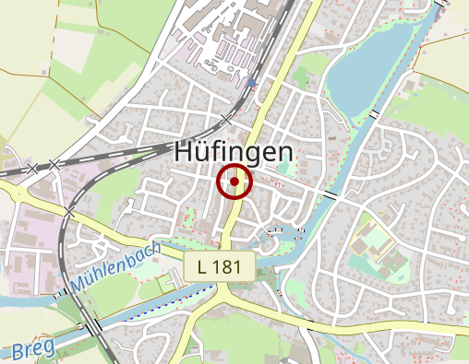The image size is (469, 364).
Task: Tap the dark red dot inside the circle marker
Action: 234,182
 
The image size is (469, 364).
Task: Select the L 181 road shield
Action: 219,267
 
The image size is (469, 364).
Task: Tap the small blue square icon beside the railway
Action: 252,82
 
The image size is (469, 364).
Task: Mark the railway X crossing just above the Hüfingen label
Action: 227,119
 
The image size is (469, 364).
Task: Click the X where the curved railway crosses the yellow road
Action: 70,212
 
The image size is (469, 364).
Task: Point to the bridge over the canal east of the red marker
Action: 330,195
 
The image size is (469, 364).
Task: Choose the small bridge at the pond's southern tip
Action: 374,113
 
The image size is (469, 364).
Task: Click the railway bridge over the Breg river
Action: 95,326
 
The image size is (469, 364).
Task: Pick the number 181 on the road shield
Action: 226,267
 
